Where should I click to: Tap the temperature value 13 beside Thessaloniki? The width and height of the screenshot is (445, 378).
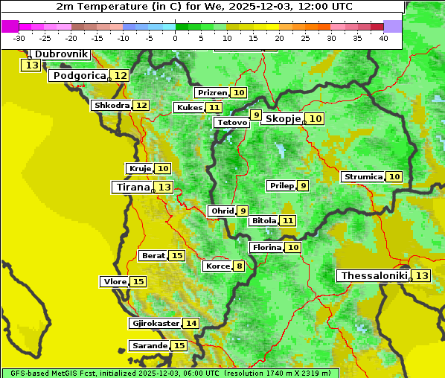(421, 276)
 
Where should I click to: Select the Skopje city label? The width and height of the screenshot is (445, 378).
(283, 119)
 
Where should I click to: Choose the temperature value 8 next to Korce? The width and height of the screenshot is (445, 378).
(239, 266)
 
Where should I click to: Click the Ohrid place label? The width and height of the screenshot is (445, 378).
(222, 211)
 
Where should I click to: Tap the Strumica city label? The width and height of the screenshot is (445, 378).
(362, 177)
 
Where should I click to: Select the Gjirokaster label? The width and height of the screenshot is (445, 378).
(155, 324)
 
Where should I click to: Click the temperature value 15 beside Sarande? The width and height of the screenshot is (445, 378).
(179, 346)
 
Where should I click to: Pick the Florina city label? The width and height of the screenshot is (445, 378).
(266, 247)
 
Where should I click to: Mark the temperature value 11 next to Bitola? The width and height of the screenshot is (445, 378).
(287, 221)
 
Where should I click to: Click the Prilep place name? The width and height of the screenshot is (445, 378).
(281, 185)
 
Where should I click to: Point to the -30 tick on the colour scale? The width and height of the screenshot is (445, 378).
(19, 38)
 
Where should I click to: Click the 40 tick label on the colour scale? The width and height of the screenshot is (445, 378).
(383, 38)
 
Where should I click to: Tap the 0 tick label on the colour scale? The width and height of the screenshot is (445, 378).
(175, 38)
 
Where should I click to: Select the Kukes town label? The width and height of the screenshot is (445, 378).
(188, 108)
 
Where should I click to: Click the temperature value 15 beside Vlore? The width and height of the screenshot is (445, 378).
(138, 282)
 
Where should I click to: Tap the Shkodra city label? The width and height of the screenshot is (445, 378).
(111, 106)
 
